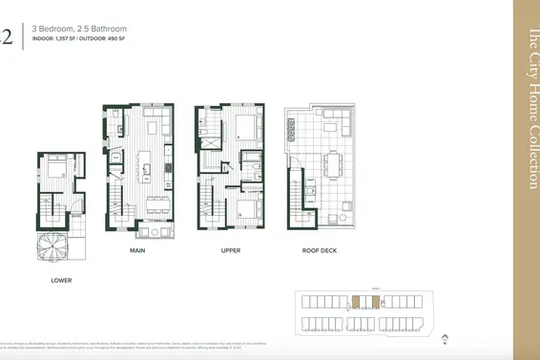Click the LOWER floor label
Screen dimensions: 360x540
62,280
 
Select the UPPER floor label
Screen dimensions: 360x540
230,251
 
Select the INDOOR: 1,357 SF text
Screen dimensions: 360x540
53,41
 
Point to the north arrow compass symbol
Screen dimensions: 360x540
445,337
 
